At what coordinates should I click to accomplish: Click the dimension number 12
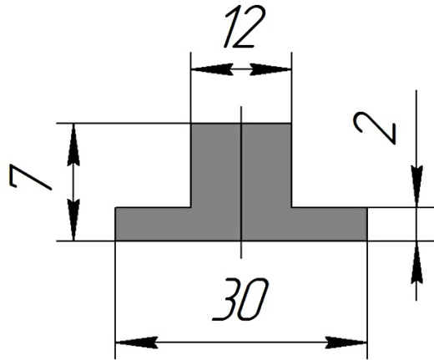pos(245,27)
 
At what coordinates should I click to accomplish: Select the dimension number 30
pos(240,299)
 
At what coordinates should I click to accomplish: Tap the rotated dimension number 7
pos(30,177)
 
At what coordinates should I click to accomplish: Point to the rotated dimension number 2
pos(375,129)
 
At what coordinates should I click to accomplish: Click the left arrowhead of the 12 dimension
pos(212,69)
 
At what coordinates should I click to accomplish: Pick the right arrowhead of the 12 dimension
pos(270,69)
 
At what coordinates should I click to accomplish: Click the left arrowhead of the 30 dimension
pos(137,342)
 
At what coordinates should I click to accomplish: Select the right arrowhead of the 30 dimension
pos(346,342)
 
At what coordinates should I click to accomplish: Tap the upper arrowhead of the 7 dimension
pos(73,145)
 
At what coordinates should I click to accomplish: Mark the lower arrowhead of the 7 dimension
pos(73,220)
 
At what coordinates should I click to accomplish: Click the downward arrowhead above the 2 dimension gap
pos(416,186)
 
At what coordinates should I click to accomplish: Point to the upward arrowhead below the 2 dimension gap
pos(416,262)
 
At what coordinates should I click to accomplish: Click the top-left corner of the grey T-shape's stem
pos(191,123)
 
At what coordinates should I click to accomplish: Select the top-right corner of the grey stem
pos(291,123)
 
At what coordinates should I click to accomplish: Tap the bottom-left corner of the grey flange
pos(115,241)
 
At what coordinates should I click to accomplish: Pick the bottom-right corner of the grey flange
pos(367,241)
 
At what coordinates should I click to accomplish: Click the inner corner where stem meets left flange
pos(191,207)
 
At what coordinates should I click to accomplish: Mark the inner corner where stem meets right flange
pos(291,207)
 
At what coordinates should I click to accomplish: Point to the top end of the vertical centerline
pos(241,106)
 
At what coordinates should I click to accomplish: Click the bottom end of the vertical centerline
pos(241,258)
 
